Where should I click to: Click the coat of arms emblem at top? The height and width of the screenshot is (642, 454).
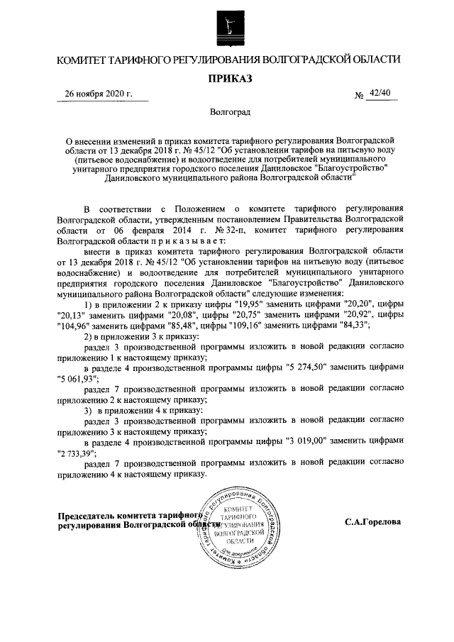(227, 26)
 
